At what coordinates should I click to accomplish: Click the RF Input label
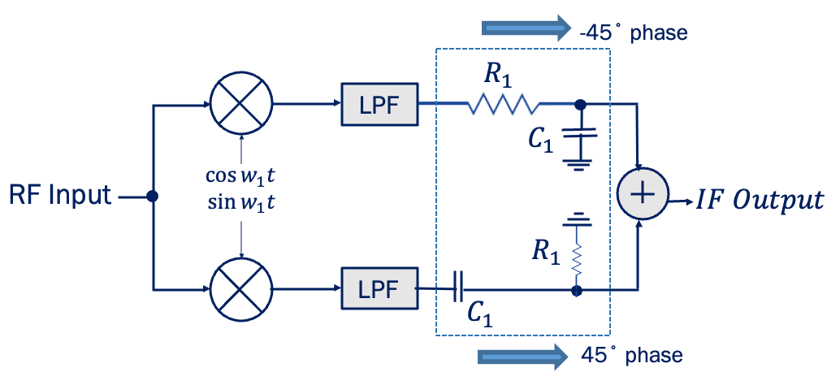[58, 196]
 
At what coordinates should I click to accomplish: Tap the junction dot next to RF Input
[152, 197]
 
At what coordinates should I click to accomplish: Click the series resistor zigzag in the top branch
[501, 105]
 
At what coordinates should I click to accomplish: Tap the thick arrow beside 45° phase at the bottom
[522, 356]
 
